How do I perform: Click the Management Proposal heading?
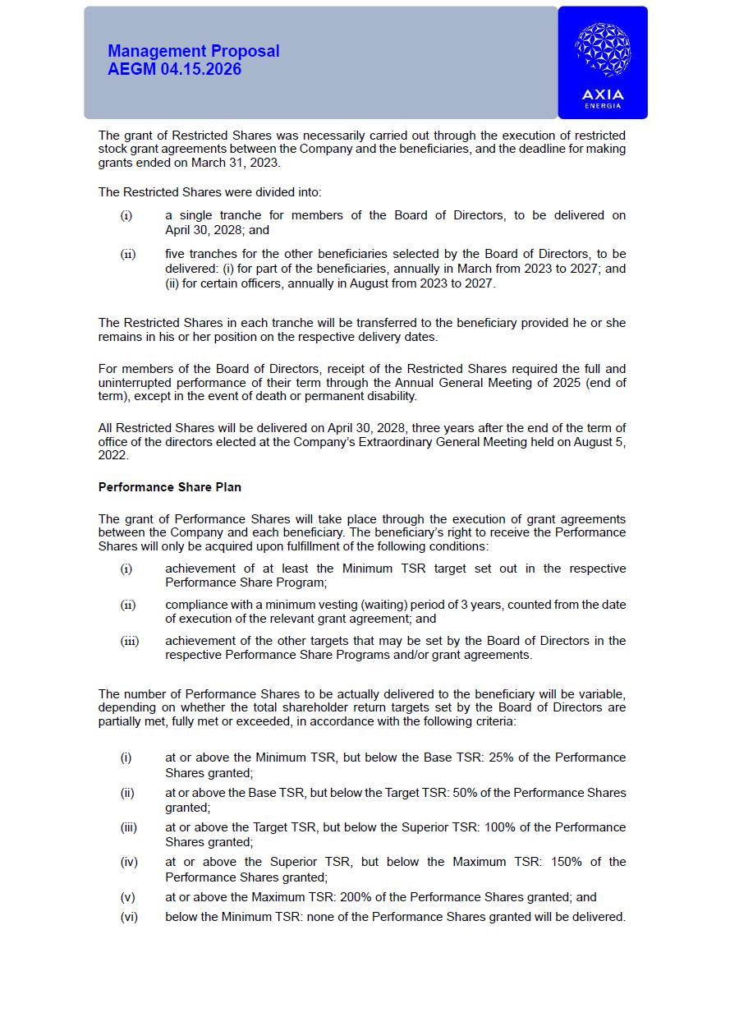(x=193, y=51)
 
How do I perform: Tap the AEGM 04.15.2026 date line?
(x=174, y=69)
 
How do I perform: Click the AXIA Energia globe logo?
(x=603, y=50)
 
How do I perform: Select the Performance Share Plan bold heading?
(x=170, y=487)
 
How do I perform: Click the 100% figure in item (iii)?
(x=500, y=827)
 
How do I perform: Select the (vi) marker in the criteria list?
(x=129, y=917)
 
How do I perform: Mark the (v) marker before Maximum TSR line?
(x=127, y=897)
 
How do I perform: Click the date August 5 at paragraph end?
(x=598, y=442)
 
